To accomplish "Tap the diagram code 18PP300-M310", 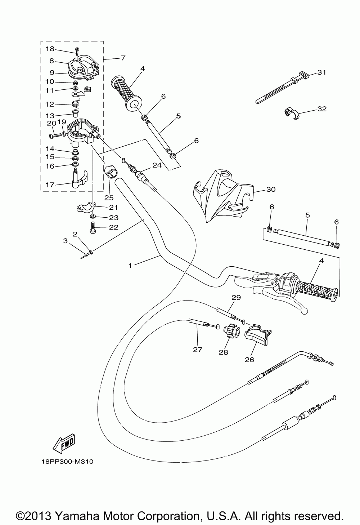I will click(x=67, y=471).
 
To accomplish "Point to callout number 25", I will click(x=109, y=197).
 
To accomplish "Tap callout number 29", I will click(x=236, y=298).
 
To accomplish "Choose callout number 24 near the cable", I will click(x=157, y=165).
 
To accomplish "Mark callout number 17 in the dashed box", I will click(x=50, y=185).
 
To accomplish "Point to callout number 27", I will click(x=198, y=349).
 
